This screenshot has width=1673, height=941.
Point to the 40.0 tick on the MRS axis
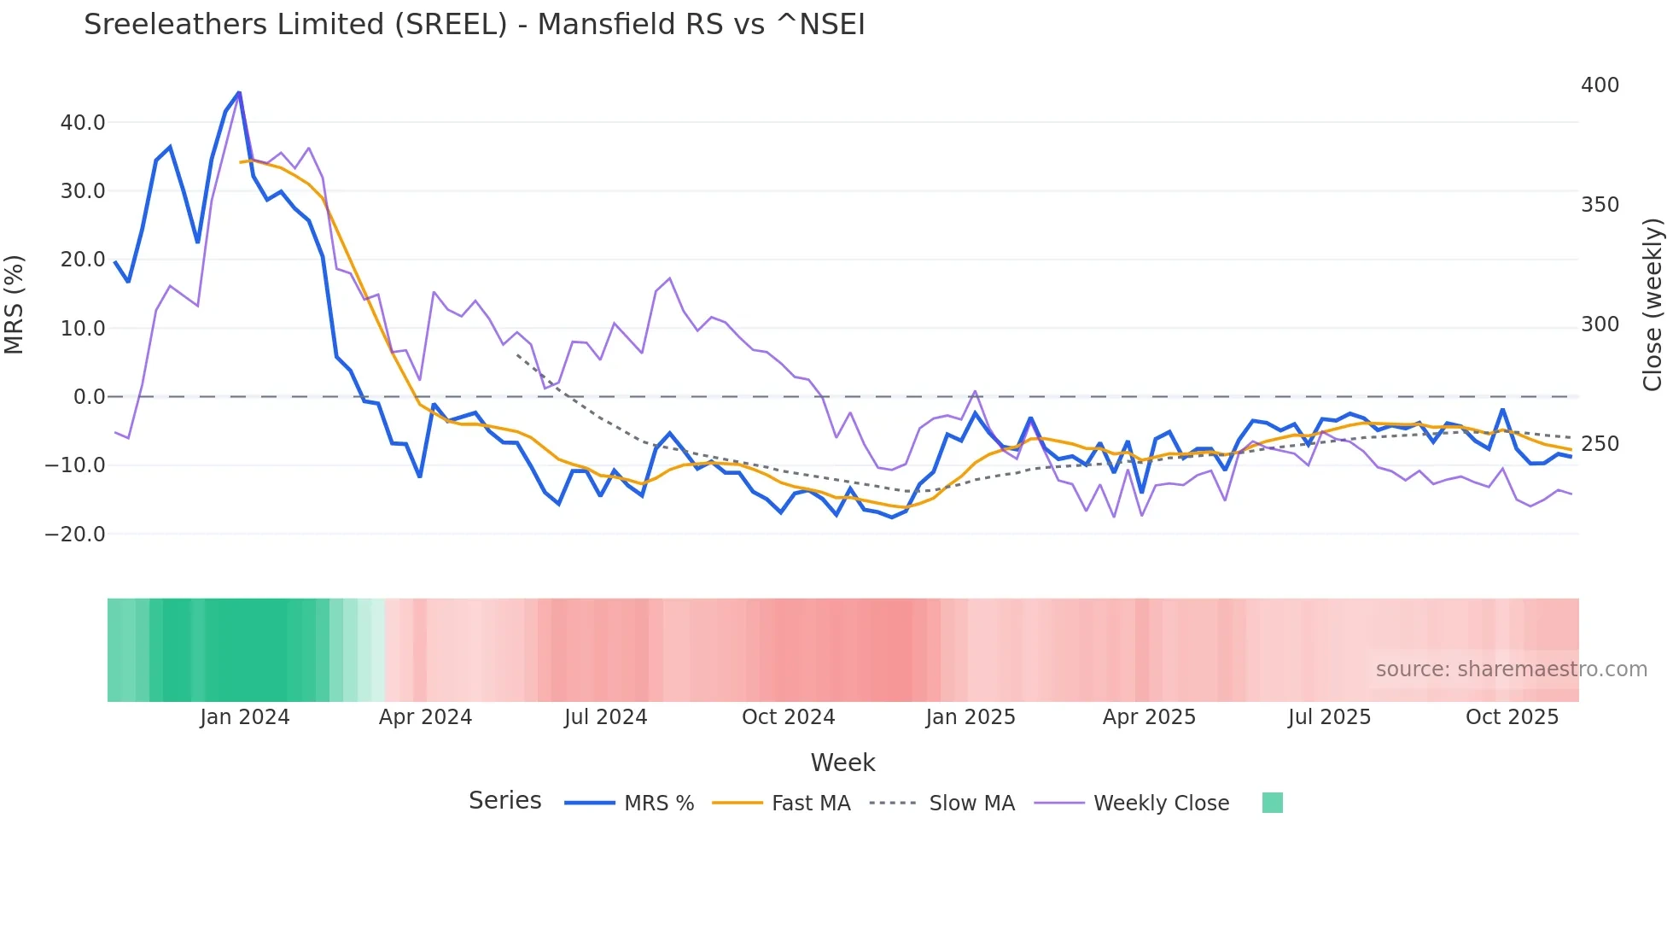[x=83, y=123]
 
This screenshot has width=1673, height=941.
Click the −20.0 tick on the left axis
[x=75, y=535]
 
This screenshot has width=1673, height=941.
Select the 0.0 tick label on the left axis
[x=89, y=397]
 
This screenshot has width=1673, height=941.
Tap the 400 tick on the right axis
[x=1600, y=85]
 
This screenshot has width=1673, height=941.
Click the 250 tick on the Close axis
[x=1600, y=444]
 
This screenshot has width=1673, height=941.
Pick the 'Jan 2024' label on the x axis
[x=245, y=717]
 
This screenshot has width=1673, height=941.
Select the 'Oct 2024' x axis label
[x=788, y=717]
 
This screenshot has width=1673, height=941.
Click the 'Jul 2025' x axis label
[x=1329, y=717]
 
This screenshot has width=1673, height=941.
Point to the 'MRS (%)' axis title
[x=15, y=305]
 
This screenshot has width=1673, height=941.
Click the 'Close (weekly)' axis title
[x=1653, y=305]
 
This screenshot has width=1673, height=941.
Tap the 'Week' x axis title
[x=842, y=763]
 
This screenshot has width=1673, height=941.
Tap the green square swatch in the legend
[x=1272, y=803]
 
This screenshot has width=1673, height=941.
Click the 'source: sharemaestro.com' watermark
[x=1511, y=669]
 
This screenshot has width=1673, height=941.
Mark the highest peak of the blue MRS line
[x=239, y=92]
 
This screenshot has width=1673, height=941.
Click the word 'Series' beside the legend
[x=504, y=801]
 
